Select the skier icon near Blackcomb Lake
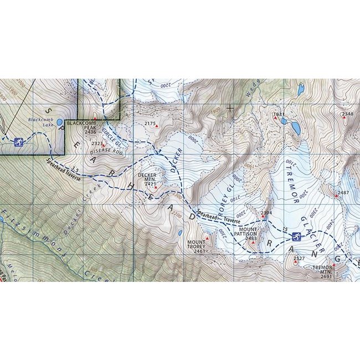pyautogui.click(x=19, y=142)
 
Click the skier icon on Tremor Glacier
pyautogui.click(x=297, y=238)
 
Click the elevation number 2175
pyautogui.click(x=150, y=123)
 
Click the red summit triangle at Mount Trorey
pyautogui.click(x=207, y=239)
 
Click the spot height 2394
pyautogui.click(x=266, y=213)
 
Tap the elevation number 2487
pyautogui.click(x=343, y=192)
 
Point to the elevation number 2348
pyautogui.click(x=347, y=114)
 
